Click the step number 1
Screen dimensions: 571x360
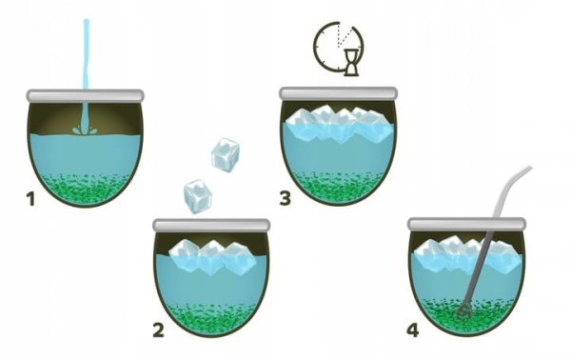click(x=30, y=199)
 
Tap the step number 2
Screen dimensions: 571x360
click(x=158, y=330)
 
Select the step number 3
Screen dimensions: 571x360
click(x=285, y=199)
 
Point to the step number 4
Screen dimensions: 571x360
click(x=413, y=330)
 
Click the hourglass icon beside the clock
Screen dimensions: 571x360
click(x=351, y=63)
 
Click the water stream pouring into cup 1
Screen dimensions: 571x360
click(x=87, y=73)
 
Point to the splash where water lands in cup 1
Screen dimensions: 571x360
click(x=85, y=129)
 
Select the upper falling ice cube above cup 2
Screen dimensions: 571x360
click(x=226, y=155)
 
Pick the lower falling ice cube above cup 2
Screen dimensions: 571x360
click(x=198, y=197)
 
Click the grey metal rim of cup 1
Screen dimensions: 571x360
click(x=86, y=95)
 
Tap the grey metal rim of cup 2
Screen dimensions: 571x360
click(x=211, y=225)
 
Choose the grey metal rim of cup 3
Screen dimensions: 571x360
click(x=338, y=93)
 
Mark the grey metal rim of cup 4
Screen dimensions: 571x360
click(x=466, y=224)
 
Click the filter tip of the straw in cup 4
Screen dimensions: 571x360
click(x=464, y=311)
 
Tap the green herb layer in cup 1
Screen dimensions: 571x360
click(x=86, y=189)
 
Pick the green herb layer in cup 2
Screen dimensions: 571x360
click(x=211, y=318)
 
